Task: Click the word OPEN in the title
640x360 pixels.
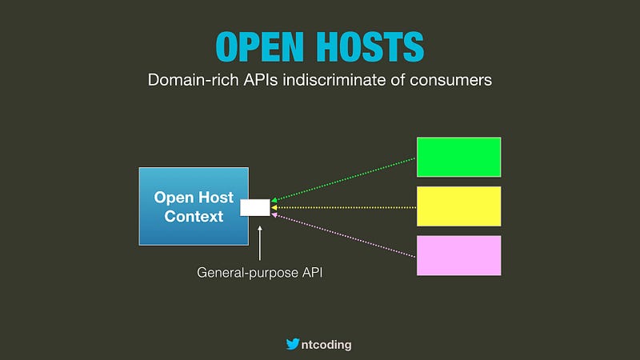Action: tap(259, 46)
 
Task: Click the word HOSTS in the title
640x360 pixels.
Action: tap(371, 46)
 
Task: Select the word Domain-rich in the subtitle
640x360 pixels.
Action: tap(193, 80)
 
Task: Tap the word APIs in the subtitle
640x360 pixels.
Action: tap(261, 80)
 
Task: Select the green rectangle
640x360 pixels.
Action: tap(458, 157)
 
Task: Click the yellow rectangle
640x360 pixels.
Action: tap(458, 206)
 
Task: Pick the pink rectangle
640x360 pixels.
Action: tap(458, 255)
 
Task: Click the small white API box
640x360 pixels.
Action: tap(255, 208)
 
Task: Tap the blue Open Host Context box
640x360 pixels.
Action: tap(194, 206)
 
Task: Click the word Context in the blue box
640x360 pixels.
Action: tap(194, 216)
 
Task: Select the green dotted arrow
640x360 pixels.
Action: tap(344, 179)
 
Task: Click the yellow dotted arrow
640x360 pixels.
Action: tap(344, 208)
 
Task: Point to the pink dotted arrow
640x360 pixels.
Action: tap(344, 236)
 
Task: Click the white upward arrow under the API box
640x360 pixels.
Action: tap(259, 243)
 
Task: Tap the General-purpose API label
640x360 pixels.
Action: tap(259, 273)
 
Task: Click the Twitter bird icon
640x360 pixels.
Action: tap(293, 344)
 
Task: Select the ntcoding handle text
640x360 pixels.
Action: tap(326, 345)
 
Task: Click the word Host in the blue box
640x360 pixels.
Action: tap(214, 198)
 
